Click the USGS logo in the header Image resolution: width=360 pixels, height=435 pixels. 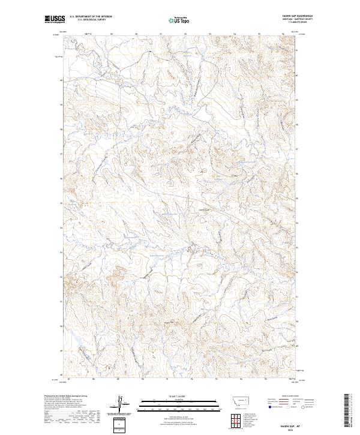pyautogui.click(x=55, y=19)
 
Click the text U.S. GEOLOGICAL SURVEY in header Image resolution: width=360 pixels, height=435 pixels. pyautogui.click(x=91, y=20)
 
